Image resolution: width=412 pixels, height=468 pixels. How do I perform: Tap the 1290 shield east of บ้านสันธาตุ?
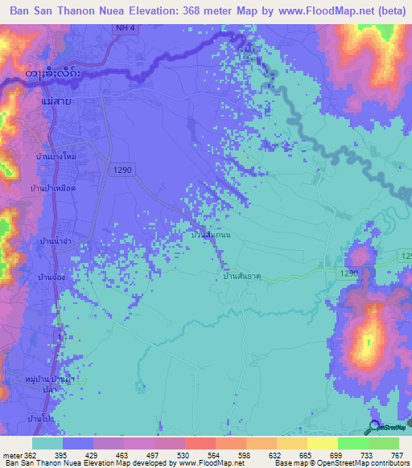348,274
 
